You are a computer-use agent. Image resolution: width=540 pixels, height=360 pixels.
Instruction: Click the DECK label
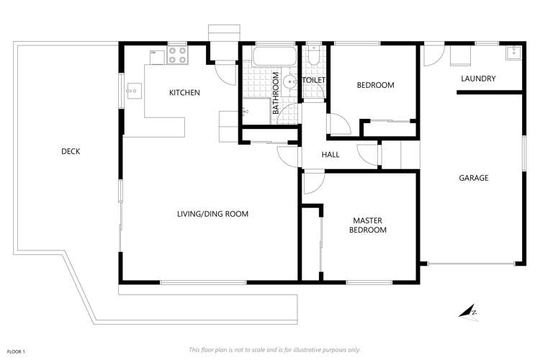pyautogui.click(x=71, y=151)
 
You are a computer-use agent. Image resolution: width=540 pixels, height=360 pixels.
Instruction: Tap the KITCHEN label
pyautogui.click(x=184, y=92)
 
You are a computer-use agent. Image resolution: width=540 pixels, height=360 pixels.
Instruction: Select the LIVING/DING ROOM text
pyautogui.click(x=213, y=214)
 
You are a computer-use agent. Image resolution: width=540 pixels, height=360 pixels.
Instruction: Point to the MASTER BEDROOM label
pyautogui.click(x=368, y=225)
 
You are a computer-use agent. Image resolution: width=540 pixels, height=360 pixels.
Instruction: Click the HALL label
pyautogui.click(x=330, y=155)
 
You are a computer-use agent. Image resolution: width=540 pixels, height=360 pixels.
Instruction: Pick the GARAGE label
pyautogui.click(x=474, y=178)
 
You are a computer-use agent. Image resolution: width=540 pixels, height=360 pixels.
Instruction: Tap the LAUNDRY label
pyautogui.click(x=478, y=78)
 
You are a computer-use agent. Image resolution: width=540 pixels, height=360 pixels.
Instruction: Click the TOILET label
pyautogui.click(x=315, y=79)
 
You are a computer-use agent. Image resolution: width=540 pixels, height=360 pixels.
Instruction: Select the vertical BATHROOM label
pyautogui.click(x=275, y=92)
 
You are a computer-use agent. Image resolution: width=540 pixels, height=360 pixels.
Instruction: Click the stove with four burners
pyautogui.click(x=178, y=55)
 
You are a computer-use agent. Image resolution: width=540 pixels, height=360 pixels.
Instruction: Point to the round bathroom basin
pyautogui.click(x=289, y=82)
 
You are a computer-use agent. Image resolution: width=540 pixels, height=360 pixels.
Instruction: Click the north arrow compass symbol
pyautogui.click(x=469, y=311)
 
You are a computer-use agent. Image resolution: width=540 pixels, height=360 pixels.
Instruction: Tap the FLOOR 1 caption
pyautogui.click(x=14, y=351)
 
